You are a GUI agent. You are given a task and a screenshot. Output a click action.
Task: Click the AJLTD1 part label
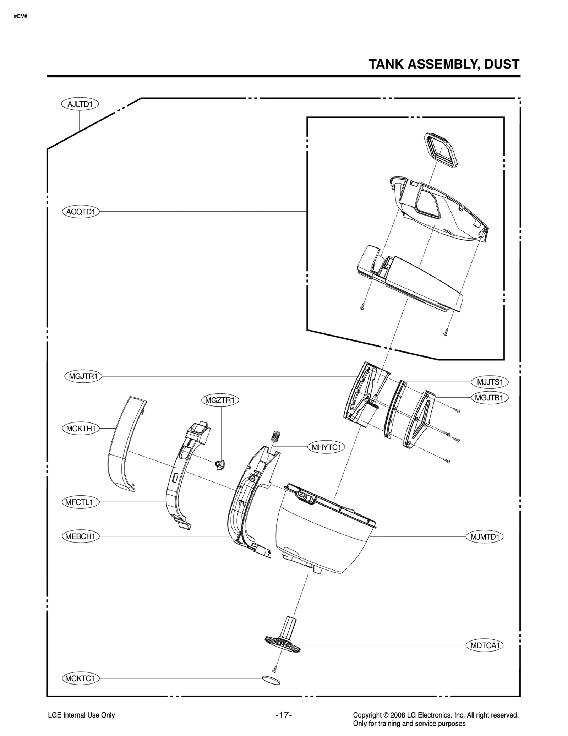80,104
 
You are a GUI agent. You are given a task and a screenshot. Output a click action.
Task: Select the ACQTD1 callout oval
81,212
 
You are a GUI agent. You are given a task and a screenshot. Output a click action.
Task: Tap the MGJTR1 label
83,376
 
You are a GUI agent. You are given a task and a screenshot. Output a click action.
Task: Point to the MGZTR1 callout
220,400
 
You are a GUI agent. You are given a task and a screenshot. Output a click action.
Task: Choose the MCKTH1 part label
81,429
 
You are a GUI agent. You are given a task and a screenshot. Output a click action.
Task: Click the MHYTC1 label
326,447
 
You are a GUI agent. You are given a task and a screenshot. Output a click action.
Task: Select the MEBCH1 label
81,536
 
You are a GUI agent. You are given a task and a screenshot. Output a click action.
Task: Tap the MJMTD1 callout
485,536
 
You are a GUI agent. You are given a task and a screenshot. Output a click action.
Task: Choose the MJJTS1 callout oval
490,382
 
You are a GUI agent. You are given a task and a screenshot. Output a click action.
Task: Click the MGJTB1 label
489,398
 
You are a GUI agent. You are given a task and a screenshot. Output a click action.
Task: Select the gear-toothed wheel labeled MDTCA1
283,644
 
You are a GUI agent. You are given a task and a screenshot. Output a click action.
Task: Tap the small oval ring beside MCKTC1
271,680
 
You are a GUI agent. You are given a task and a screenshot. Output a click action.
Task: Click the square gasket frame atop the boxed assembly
441,150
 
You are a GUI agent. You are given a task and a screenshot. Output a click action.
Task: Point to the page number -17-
284,715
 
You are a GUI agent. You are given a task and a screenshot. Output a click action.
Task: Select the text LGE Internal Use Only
81,715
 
